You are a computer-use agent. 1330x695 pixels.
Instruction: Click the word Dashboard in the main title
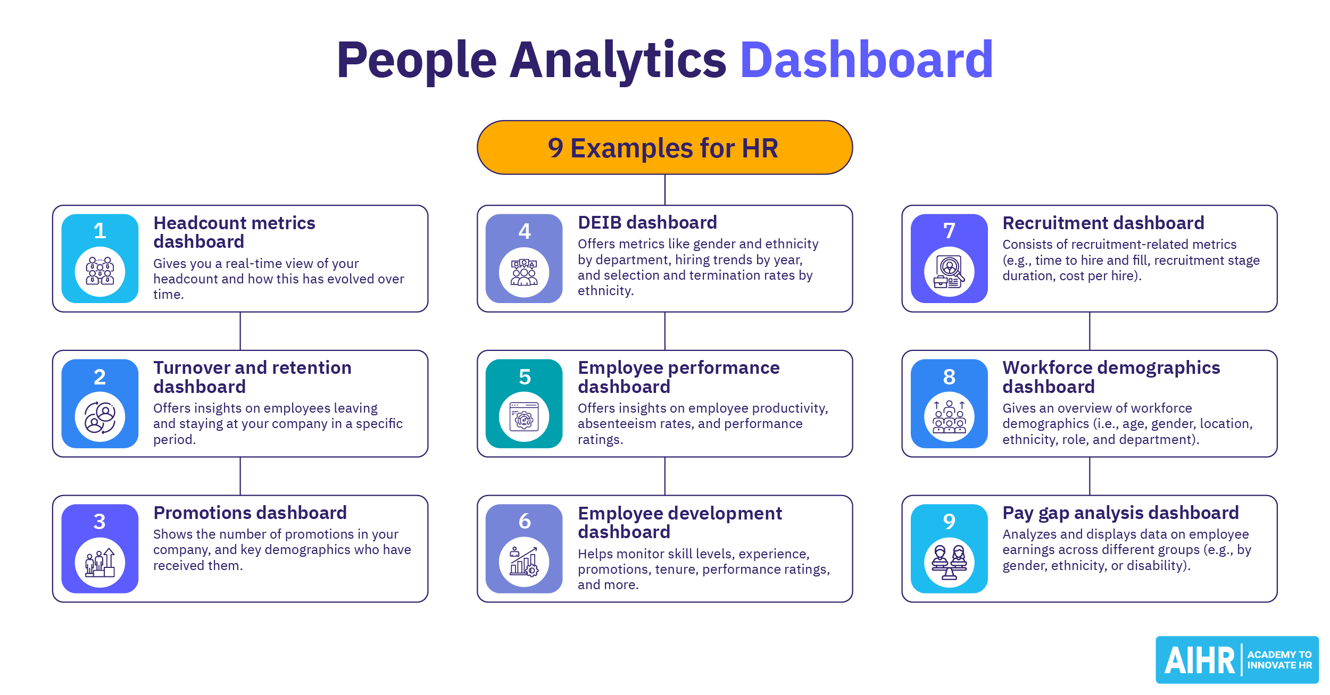[866, 60]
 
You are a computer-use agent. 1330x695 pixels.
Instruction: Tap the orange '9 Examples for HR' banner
[664, 147]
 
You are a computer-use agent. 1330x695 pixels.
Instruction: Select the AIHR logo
[1237, 659]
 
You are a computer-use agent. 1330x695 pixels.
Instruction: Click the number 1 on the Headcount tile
[99, 231]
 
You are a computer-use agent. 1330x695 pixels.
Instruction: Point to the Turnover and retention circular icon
[100, 417]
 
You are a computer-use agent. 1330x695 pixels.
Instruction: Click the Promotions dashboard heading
[250, 513]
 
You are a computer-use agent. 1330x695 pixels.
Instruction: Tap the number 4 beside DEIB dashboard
[525, 231]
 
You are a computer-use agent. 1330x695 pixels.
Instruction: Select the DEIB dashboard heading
[647, 222]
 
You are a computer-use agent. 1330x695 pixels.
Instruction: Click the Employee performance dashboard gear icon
[524, 417]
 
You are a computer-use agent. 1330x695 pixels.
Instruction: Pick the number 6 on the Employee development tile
[525, 521]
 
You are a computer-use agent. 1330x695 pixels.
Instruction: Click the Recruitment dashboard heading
[1103, 223]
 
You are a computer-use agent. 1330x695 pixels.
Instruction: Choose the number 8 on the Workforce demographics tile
[949, 376]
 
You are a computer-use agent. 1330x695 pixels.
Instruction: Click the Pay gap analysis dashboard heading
[1120, 513]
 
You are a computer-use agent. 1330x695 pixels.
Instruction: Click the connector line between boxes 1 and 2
[240, 331]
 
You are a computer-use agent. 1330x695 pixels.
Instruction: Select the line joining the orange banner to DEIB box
[665, 190]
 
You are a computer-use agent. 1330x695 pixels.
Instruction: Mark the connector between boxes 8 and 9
[1090, 476]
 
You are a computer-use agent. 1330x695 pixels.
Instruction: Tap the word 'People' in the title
[417, 61]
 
